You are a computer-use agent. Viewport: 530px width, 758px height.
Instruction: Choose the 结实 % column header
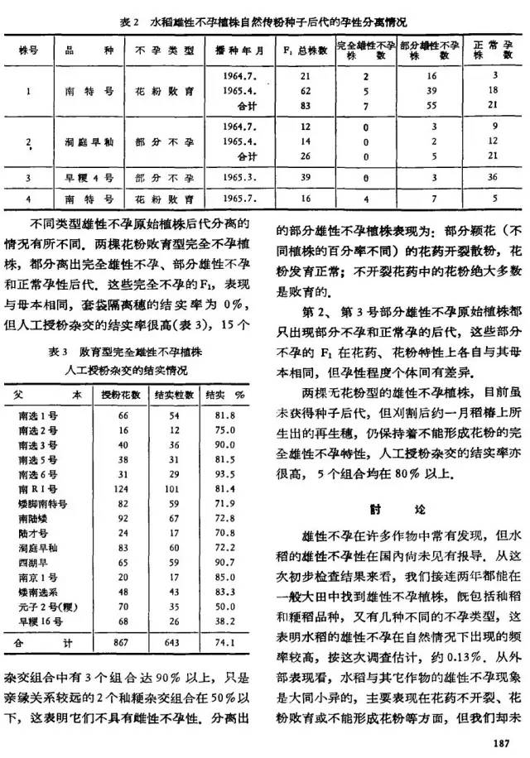219,396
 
